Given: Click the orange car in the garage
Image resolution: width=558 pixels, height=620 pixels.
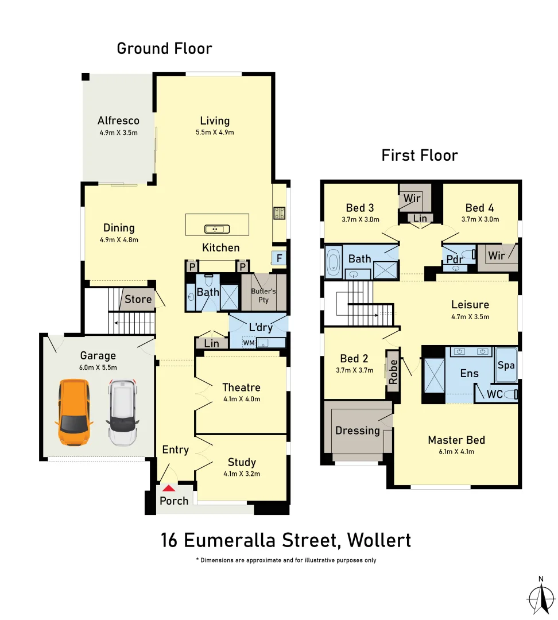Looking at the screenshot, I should tap(74, 412).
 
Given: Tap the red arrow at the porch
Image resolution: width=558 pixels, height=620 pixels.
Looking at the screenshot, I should tap(168, 488).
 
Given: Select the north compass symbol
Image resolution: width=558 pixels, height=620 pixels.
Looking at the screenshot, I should tap(540, 597).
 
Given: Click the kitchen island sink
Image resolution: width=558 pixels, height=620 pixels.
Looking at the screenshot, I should tap(217, 229).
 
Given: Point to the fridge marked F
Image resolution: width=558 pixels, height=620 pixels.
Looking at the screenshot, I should tap(279, 258).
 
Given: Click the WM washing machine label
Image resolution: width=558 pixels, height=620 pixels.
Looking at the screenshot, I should tap(249, 343).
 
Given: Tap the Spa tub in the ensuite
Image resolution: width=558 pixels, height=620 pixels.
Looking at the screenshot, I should tap(506, 365).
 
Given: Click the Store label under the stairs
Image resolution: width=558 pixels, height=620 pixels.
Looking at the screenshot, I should tap(138, 299).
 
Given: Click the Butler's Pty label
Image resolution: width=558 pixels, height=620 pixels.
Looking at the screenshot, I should tap(263, 295).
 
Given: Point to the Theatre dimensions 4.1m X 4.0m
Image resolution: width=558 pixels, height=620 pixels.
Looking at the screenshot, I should tap(242, 400).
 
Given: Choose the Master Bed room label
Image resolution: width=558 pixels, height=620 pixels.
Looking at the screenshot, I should tap(456, 440).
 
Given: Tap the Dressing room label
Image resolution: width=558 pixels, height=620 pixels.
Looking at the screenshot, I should tap(358, 430).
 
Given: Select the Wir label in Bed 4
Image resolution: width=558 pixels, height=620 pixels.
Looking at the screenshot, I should tap(497, 255).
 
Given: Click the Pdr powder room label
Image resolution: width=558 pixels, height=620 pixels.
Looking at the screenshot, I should tap(455, 258).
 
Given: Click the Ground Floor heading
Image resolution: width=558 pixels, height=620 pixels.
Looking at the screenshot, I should tap(164, 49).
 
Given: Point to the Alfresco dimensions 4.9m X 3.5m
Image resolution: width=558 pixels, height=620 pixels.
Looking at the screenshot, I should tap(118, 133).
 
